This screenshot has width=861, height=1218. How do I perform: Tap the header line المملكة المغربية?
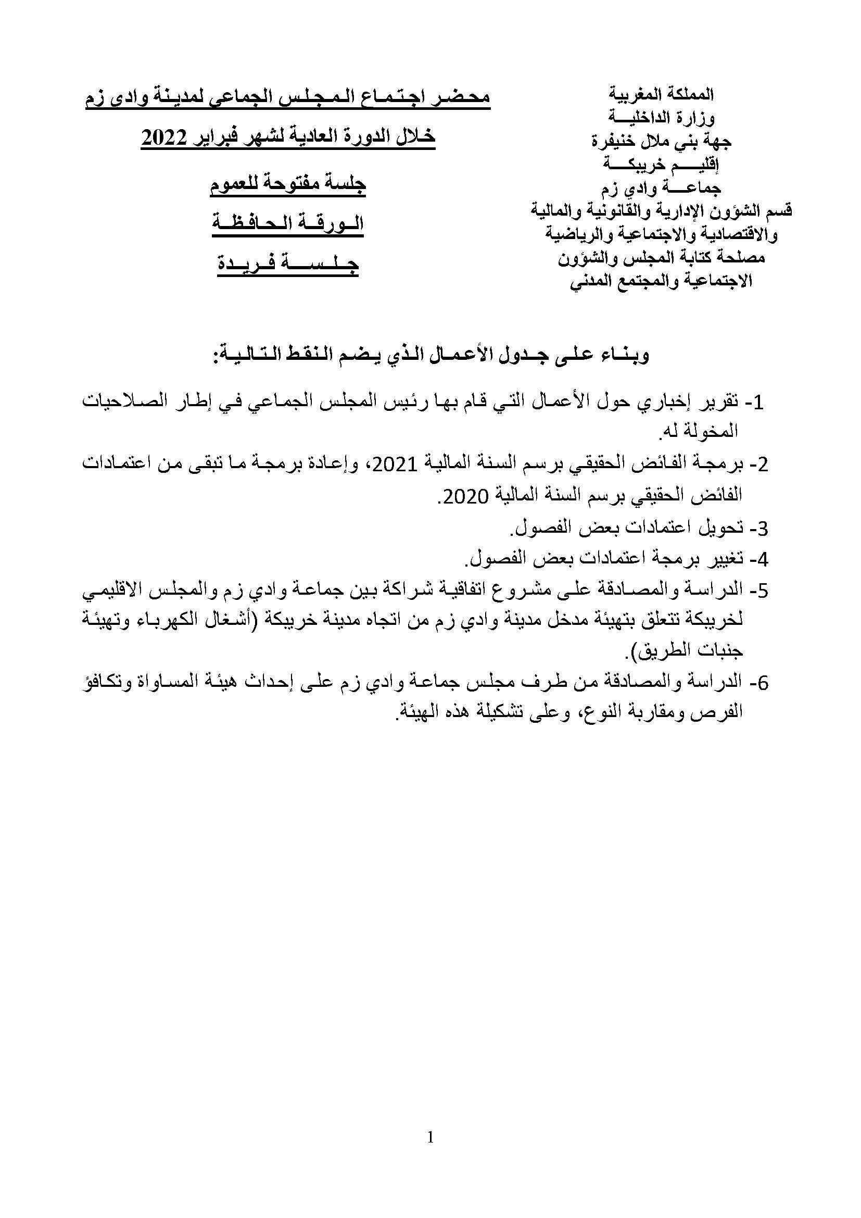click(661, 95)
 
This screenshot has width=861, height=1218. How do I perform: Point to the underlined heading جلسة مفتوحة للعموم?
click(288, 186)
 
